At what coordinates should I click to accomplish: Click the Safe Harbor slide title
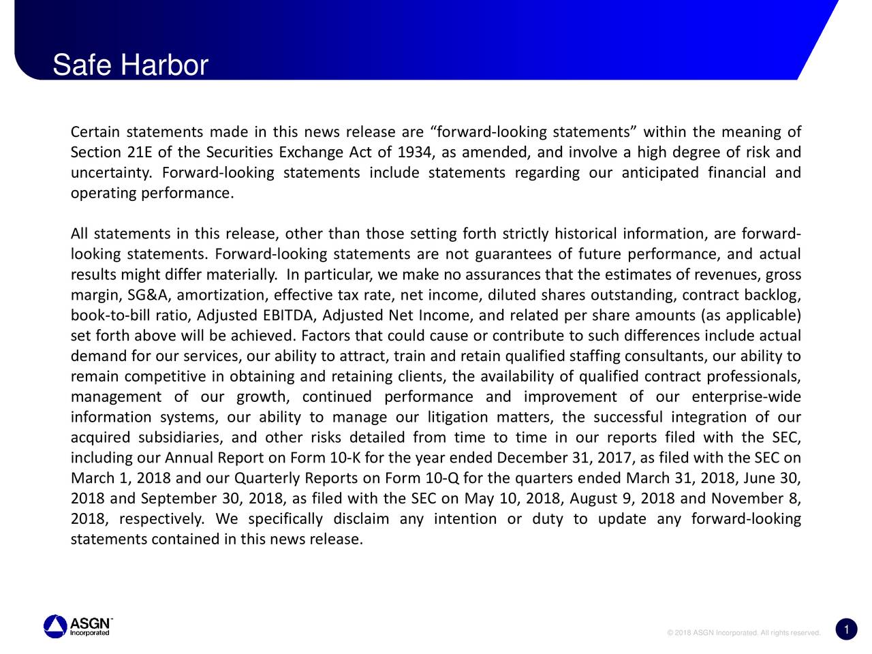point(130,66)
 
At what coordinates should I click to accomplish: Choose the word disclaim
point(361,519)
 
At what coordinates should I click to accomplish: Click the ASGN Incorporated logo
point(78,626)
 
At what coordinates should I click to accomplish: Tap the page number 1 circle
point(845,630)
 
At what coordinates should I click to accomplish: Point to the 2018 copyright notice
point(744,633)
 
